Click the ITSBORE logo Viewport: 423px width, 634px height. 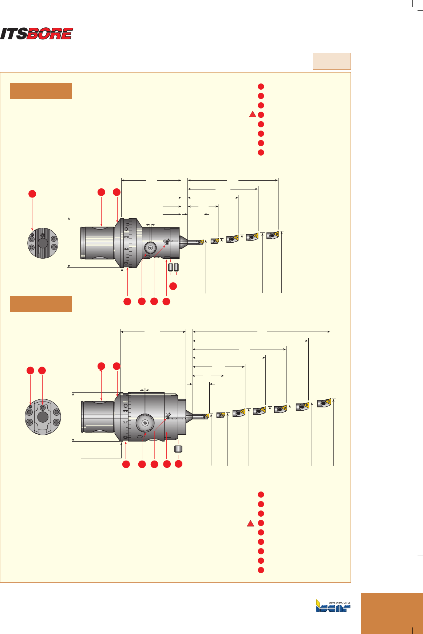pyautogui.click(x=36, y=34)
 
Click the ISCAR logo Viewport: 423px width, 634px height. pyautogui.click(x=333, y=606)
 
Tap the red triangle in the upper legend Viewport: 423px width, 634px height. pyautogui.click(x=252, y=114)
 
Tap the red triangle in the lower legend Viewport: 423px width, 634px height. pyautogui.click(x=250, y=524)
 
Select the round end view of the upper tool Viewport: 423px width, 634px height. pyautogui.click(x=43, y=242)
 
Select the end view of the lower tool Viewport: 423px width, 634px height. pyautogui.click(x=43, y=417)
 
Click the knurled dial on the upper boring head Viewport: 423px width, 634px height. pyautogui.click(x=150, y=248)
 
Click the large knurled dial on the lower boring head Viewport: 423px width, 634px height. pyautogui.click(x=145, y=423)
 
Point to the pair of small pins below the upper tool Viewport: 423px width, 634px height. pyautogui.click(x=173, y=267)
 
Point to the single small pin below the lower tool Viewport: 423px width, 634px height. pyautogui.click(x=178, y=449)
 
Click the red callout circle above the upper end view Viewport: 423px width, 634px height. pyautogui.click(x=32, y=194)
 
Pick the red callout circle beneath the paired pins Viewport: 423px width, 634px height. pyautogui.click(x=173, y=286)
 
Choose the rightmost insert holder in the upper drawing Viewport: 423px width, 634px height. pyautogui.click(x=273, y=235)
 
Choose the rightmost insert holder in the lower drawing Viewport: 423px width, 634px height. pyautogui.click(x=324, y=403)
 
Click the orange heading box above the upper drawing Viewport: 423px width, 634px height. pyautogui.click(x=41, y=91)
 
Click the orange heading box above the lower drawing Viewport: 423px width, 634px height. pyautogui.click(x=41, y=304)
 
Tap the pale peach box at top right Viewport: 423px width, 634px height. pyautogui.click(x=332, y=61)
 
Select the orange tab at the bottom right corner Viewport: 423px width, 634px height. pyautogui.click(x=392, y=613)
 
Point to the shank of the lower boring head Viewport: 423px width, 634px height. pyautogui.click(x=98, y=417)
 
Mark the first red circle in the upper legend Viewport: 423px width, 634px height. pyautogui.click(x=261, y=86)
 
